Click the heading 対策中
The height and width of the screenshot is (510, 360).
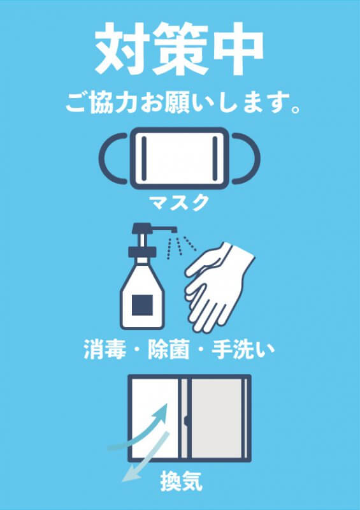pos(179,49)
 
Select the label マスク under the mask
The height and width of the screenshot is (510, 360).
pos(178,203)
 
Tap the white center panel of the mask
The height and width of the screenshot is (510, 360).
pos(179,158)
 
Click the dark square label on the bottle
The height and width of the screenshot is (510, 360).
pos(142,305)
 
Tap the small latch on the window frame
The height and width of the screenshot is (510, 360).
pos(186,421)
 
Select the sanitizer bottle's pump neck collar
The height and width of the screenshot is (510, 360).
pos(142,252)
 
